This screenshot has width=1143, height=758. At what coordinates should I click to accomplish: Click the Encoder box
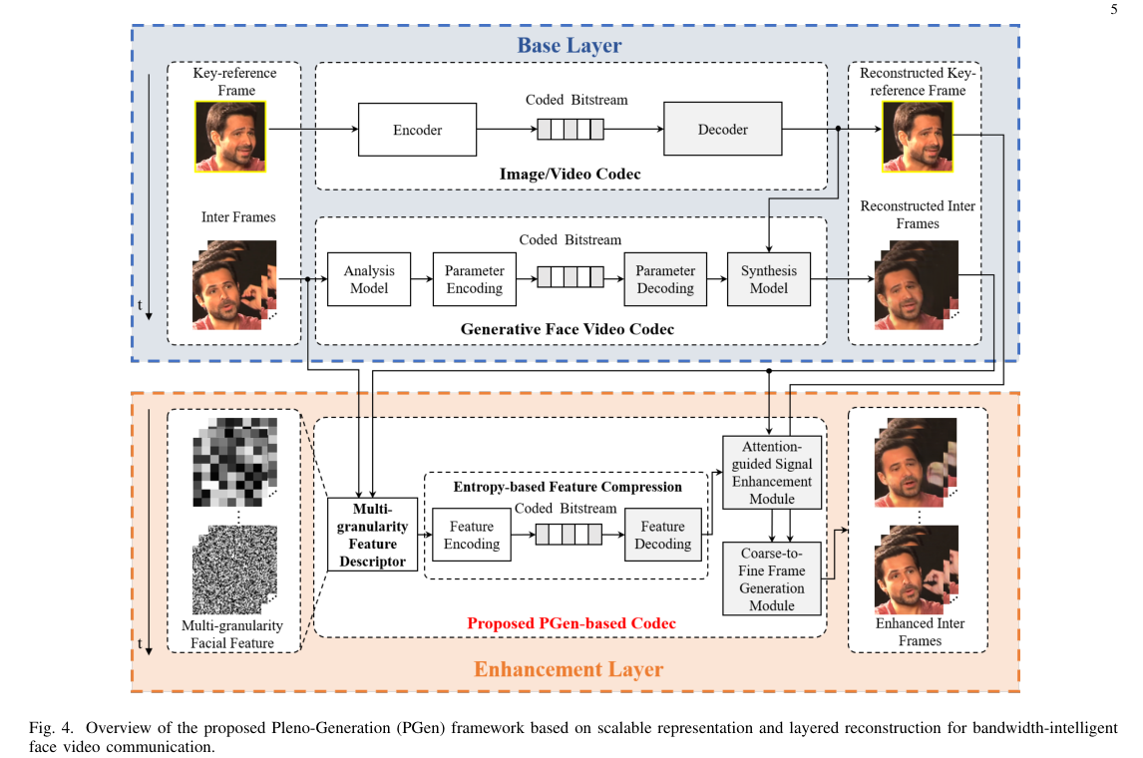[x=417, y=130]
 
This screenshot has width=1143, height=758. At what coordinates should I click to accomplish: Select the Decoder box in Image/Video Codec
[x=722, y=130]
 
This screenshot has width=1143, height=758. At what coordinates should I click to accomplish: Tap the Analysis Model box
[x=369, y=279]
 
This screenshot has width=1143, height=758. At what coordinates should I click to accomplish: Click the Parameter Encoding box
[x=474, y=279]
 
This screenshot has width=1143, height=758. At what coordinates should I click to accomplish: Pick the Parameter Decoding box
[x=665, y=279]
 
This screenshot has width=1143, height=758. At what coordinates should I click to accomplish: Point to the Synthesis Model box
[x=768, y=279]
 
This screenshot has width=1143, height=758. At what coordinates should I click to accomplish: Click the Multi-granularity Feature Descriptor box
[x=369, y=535]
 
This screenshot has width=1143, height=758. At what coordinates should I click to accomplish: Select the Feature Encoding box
[x=472, y=535]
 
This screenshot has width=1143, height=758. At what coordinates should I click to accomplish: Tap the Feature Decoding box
[x=663, y=535]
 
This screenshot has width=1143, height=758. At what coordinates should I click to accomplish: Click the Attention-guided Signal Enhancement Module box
[x=772, y=472]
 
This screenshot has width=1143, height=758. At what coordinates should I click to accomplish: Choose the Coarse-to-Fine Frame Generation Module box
[x=772, y=578]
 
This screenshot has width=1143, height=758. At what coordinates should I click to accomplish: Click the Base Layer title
[x=569, y=45]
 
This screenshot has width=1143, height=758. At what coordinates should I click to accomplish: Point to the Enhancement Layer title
[x=569, y=669]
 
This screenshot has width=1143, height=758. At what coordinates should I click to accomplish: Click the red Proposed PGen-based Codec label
[x=571, y=623]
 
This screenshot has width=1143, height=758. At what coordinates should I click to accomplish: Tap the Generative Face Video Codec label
[x=567, y=328]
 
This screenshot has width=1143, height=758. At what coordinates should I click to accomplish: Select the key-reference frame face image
[x=231, y=136]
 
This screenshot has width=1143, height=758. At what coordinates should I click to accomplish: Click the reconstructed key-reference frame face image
[x=917, y=136]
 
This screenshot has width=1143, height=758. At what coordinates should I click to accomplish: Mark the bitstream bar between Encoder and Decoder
[x=571, y=130]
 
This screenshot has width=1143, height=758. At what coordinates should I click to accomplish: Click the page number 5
[x=1113, y=10]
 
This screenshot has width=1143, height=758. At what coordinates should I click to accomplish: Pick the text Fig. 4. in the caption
[x=46, y=727]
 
